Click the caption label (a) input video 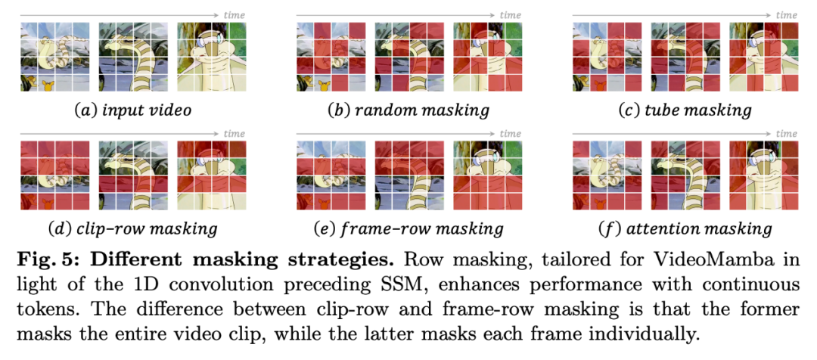tap(132, 110)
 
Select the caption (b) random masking tap(408, 110)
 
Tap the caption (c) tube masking tap(685, 110)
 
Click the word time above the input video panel tap(234, 15)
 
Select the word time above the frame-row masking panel tap(511, 134)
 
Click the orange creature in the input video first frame tap(50, 85)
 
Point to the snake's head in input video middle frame tap(120, 47)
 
